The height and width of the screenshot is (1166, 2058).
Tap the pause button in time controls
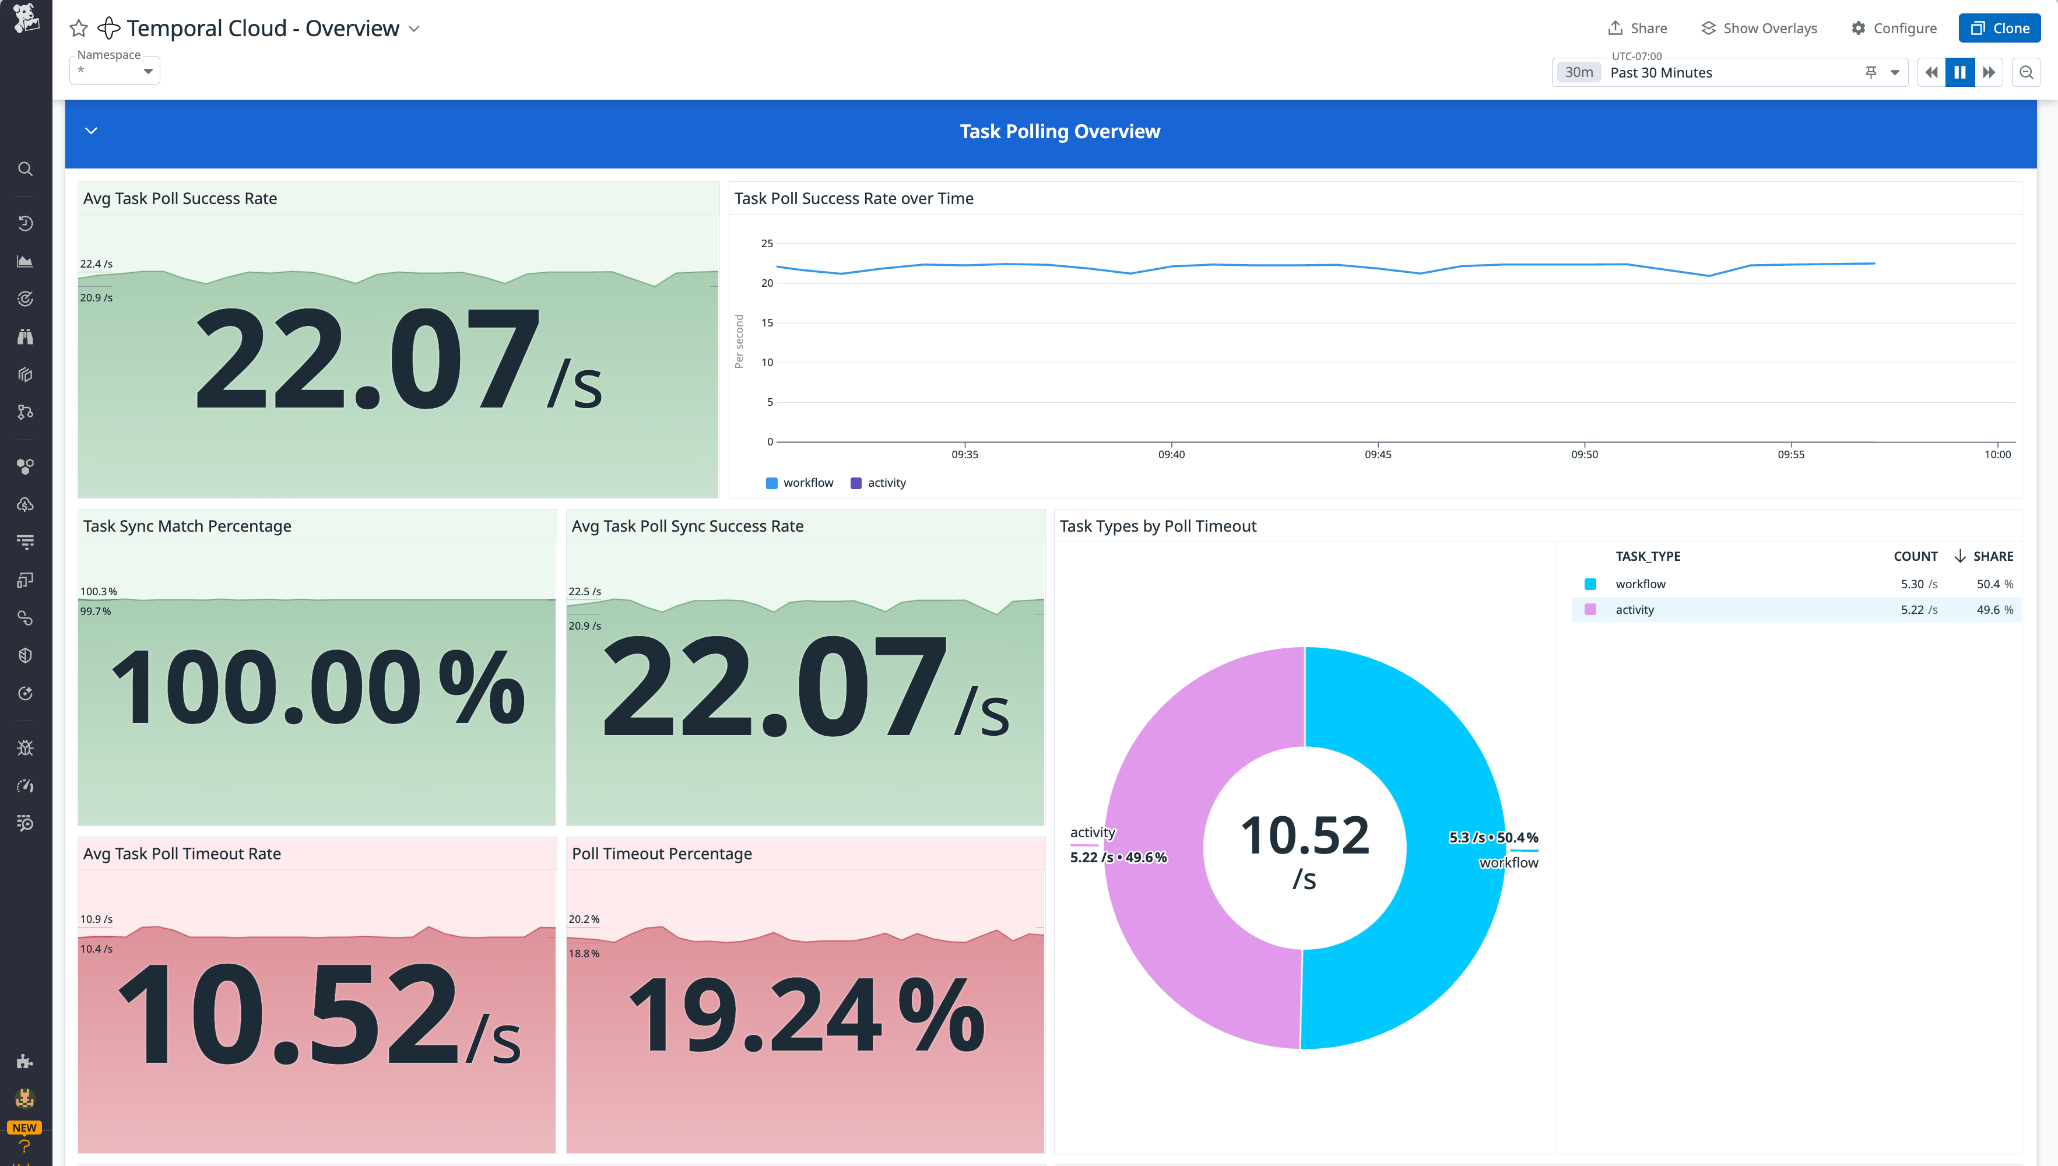pyautogui.click(x=1959, y=72)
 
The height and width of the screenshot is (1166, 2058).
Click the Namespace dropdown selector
pyautogui.click(x=114, y=71)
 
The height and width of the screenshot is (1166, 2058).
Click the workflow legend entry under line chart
pyautogui.click(x=799, y=483)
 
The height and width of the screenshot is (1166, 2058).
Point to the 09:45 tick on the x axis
pyautogui.click(x=1377, y=454)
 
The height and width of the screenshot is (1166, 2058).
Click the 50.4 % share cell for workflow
pyautogui.click(x=1994, y=584)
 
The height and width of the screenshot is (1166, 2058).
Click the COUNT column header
pyautogui.click(x=1915, y=556)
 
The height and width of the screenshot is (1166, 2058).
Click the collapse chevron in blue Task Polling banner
pyautogui.click(x=92, y=131)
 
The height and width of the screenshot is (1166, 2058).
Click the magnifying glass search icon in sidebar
pyautogui.click(x=26, y=169)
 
